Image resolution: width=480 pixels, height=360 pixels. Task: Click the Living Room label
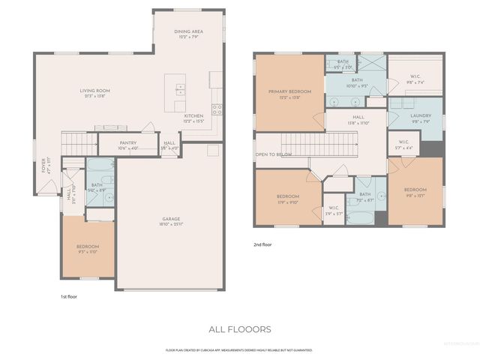[x=95, y=94]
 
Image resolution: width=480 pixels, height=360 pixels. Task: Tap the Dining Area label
[x=189, y=34]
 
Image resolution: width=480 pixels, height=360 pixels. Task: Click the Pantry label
[x=128, y=145]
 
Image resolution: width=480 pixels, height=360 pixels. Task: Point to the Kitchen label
[x=193, y=118]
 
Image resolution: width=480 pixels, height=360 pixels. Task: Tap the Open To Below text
[x=273, y=154]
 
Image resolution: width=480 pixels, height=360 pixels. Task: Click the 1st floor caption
[x=69, y=296]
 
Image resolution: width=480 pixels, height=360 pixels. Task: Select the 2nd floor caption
[x=263, y=244]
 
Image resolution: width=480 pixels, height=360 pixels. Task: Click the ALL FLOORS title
[x=239, y=328]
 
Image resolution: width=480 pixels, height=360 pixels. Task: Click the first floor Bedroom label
[x=88, y=249]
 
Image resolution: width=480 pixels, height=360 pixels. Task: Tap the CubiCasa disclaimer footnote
[x=239, y=349]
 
